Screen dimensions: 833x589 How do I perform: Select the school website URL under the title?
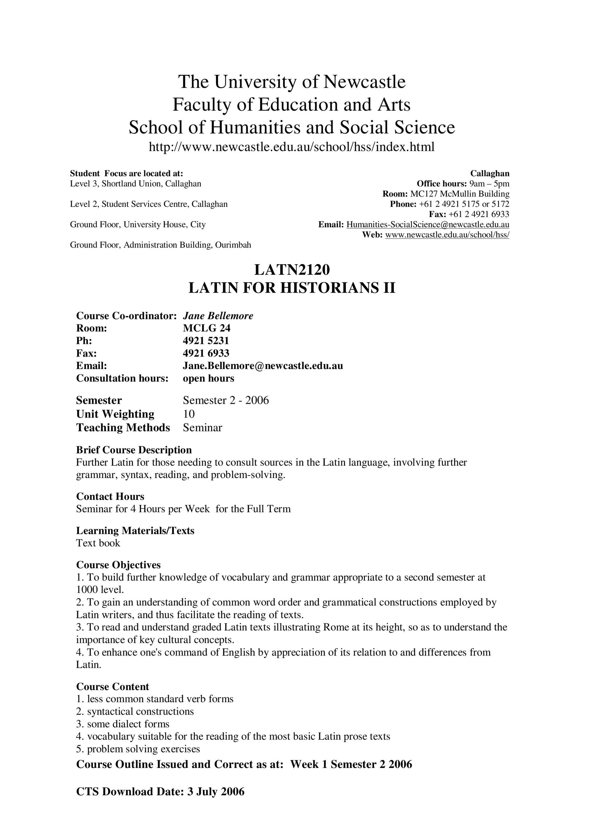pyautogui.click(x=292, y=147)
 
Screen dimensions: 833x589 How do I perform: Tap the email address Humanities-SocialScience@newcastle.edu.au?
pyautogui.click(x=428, y=225)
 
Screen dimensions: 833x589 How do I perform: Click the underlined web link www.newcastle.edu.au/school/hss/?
pyautogui.click(x=447, y=235)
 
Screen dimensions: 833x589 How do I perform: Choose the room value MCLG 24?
pyautogui.click(x=206, y=328)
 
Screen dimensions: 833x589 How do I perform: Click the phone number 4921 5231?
pyautogui.click(x=206, y=341)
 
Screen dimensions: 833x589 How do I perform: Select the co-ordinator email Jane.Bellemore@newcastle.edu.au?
pyautogui.click(x=263, y=366)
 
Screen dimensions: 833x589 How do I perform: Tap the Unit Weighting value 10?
pyautogui.click(x=189, y=414)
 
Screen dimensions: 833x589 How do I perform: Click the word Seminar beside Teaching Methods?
pyautogui.click(x=202, y=428)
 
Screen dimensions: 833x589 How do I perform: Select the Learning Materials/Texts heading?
pyautogui.click(x=135, y=531)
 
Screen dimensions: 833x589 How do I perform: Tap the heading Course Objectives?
pyautogui.click(x=118, y=565)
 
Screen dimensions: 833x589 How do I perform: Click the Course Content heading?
pyautogui.click(x=112, y=686)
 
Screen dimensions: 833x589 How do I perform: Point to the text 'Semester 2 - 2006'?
pyautogui.click(x=226, y=400)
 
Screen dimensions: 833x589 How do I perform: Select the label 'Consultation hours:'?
pyautogui.click(x=122, y=378)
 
